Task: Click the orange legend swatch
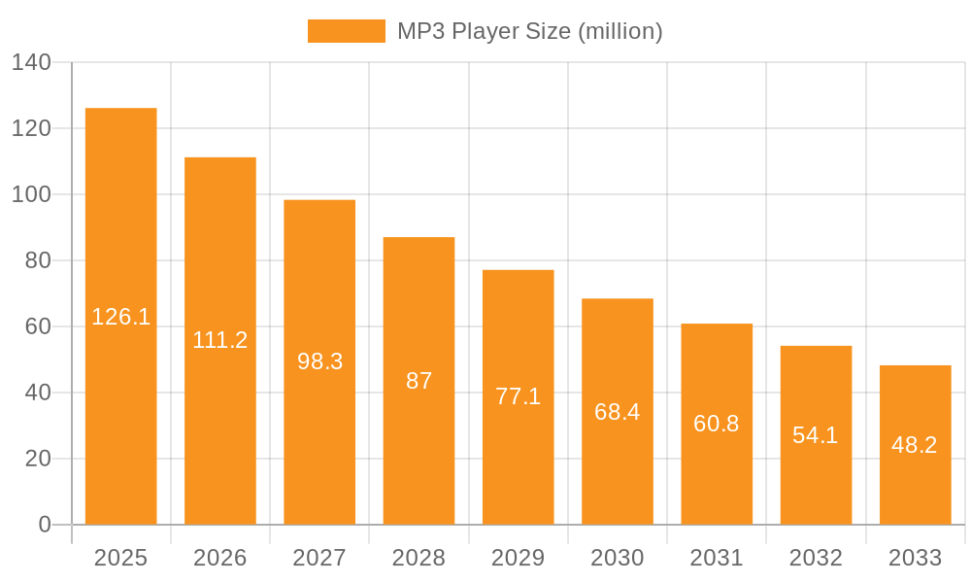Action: tap(346, 31)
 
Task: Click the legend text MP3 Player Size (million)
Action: tap(529, 31)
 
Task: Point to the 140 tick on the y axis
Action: tap(31, 63)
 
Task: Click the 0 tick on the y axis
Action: tap(45, 525)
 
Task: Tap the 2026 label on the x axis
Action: tap(220, 558)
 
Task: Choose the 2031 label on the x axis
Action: tap(717, 558)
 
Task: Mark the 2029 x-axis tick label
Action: tap(519, 558)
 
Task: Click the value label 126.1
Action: tap(121, 317)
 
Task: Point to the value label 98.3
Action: tap(319, 361)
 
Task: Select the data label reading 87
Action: tap(419, 381)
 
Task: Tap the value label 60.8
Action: tap(717, 424)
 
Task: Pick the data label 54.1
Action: tap(816, 435)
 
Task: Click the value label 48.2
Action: tap(915, 445)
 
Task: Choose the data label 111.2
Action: tap(220, 340)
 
